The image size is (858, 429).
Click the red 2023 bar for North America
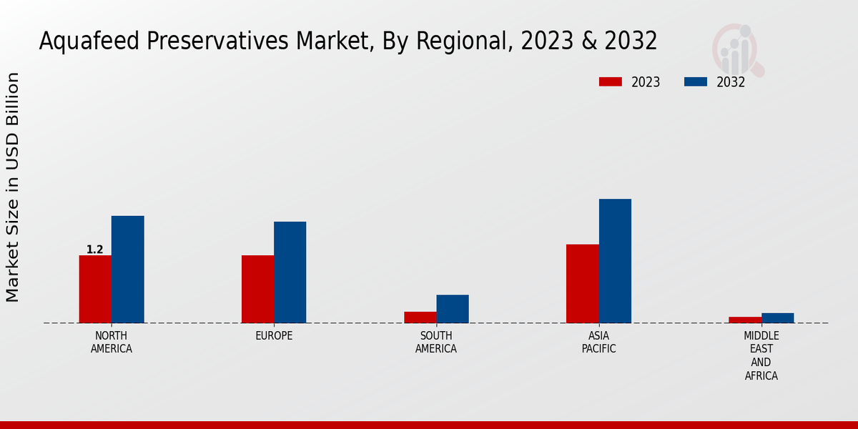pyautogui.click(x=95, y=289)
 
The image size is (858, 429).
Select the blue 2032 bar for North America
pyautogui.click(x=127, y=269)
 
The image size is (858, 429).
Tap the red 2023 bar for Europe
pyautogui.click(x=257, y=289)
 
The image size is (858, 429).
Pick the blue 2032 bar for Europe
pyautogui.click(x=290, y=272)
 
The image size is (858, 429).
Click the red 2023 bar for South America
pyautogui.click(x=420, y=317)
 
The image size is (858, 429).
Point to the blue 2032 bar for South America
pyautogui.click(x=453, y=308)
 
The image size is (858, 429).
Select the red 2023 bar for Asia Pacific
pyautogui.click(x=582, y=283)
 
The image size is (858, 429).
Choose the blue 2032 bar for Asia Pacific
pyautogui.click(x=615, y=260)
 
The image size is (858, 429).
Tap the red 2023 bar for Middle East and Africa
pyautogui.click(x=744, y=320)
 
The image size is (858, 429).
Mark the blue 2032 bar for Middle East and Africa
pyautogui.click(x=777, y=317)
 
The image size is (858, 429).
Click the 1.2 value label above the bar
pyautogui.click(x=94, y=250)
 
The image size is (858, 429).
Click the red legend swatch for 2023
pyautogui.click(x=610, y=82)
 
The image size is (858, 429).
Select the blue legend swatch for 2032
pyautogui.click(x=695, y=82)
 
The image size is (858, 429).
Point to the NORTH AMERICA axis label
pyautogui.click(x=111, y=342)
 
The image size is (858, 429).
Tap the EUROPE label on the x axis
pyautogui.click(x=274, y=335)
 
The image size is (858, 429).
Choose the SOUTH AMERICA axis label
pyautogui.click(x=436, y=342)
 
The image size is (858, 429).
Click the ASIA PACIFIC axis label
pyautogui.click(x=598, y=342)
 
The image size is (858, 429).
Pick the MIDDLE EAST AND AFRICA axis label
pyautogui.click(x=761, y=355)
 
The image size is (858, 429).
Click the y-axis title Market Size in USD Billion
pyautogui.click(x=13, y=187)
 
